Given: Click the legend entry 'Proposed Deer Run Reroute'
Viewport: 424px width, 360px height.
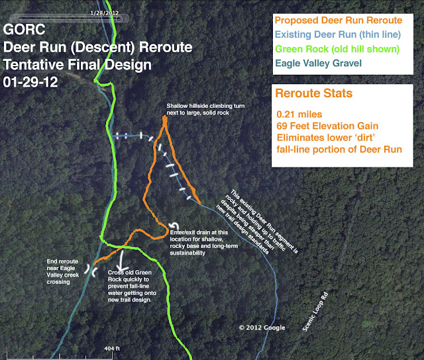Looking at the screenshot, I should (347, 21).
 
